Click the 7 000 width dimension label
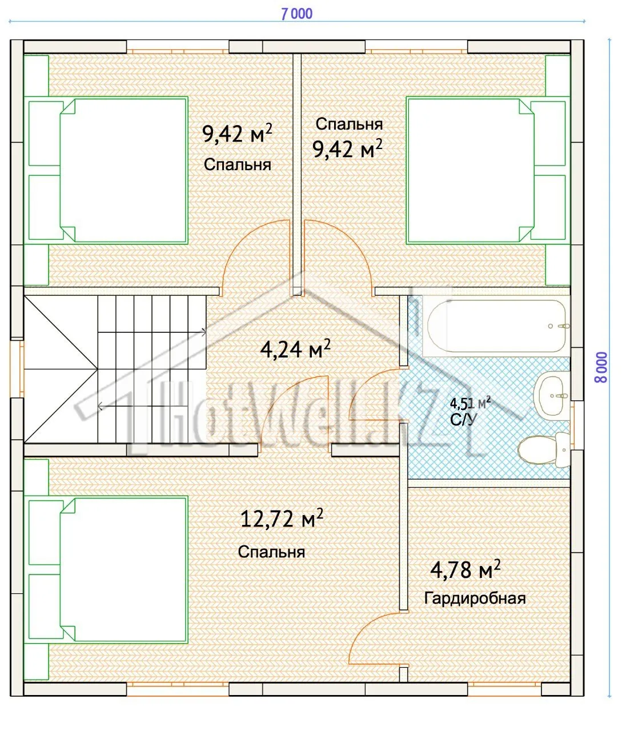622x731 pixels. pos(296,14)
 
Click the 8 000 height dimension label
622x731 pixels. pos(601,367)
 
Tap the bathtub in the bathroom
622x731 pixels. pos(496,326)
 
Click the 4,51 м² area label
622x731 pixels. pos(470,403)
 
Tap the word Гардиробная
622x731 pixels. pos(475,599)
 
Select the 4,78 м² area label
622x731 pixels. pos(466,570)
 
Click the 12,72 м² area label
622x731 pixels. pos(282,519)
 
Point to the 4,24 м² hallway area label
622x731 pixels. pos(295,349)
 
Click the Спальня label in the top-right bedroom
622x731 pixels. pos(349,124)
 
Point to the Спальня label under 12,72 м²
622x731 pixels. pos(271,552)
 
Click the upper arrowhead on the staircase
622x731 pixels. pos(204,332)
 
